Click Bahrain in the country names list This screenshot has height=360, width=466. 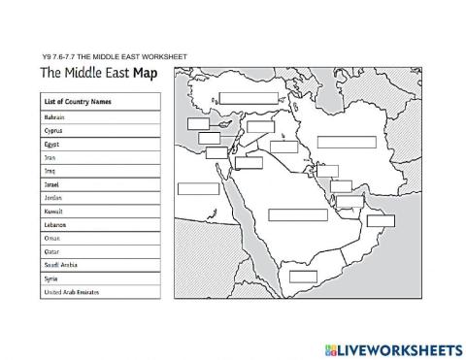(x=54, y=115)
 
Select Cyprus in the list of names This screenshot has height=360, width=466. (x=54, y=129)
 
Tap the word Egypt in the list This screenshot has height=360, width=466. (x=52, y=143)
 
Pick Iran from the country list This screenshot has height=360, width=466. (x=50, y=156)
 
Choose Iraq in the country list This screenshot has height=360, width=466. (x=50, y=170)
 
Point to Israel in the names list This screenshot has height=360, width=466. (x=52, y=183)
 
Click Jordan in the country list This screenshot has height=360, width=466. (x=53, y=197)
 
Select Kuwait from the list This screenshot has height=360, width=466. (x=53, y=211)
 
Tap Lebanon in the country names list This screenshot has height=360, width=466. (x=55, y=224)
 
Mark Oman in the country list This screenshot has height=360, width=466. (x=52, y=238)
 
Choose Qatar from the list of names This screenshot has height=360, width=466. (x=52, y=251)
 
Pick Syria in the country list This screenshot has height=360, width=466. (x=51, y=278)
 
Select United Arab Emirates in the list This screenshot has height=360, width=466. (x=71, y=292)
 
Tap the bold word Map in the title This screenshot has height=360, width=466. (x=145, y=74)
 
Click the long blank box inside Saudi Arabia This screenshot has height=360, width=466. (x=297, y=214)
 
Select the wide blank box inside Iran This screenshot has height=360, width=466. (x=346, y=142)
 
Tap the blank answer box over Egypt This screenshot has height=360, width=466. (x=199, y=188)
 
